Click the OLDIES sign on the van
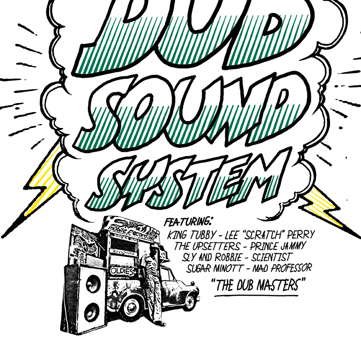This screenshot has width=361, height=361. point(122,270)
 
